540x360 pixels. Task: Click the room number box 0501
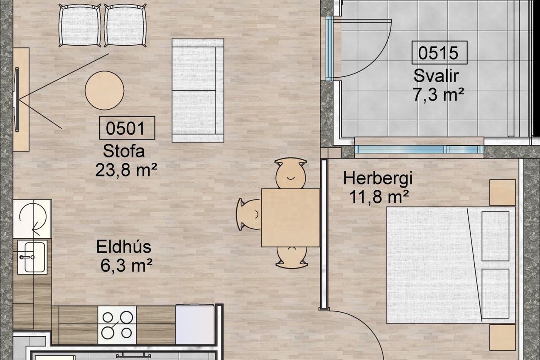(x=127, y=128)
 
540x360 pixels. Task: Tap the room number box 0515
(x=439, y=53)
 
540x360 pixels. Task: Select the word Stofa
(x=124, y=151)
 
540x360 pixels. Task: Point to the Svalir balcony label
(x=436, y=76)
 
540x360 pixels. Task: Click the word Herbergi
(x=378, y=179)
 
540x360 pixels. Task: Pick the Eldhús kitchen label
(x=124, y=247)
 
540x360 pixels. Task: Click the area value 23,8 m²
(x=126, y=170)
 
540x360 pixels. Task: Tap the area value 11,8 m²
(x=379, y=197)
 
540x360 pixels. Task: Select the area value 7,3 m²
(x=439, y=94)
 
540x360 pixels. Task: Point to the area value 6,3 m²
(x=126, y=265)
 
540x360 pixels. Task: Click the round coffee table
(x=105, y=91)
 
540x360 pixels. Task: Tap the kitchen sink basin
(x=35, y=257)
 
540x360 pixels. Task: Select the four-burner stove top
(x=117, y=325)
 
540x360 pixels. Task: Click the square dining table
(x=291, y=218)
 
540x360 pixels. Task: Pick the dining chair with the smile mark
(x=290, y=173)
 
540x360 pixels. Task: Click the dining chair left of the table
(x=249, y=214)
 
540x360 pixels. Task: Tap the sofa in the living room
(x=198, y=91)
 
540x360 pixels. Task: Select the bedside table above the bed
(x=503, y=193)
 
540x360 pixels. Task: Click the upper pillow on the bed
(x=496, y=236)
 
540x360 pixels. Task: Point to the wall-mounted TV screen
(x=17, y=100)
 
